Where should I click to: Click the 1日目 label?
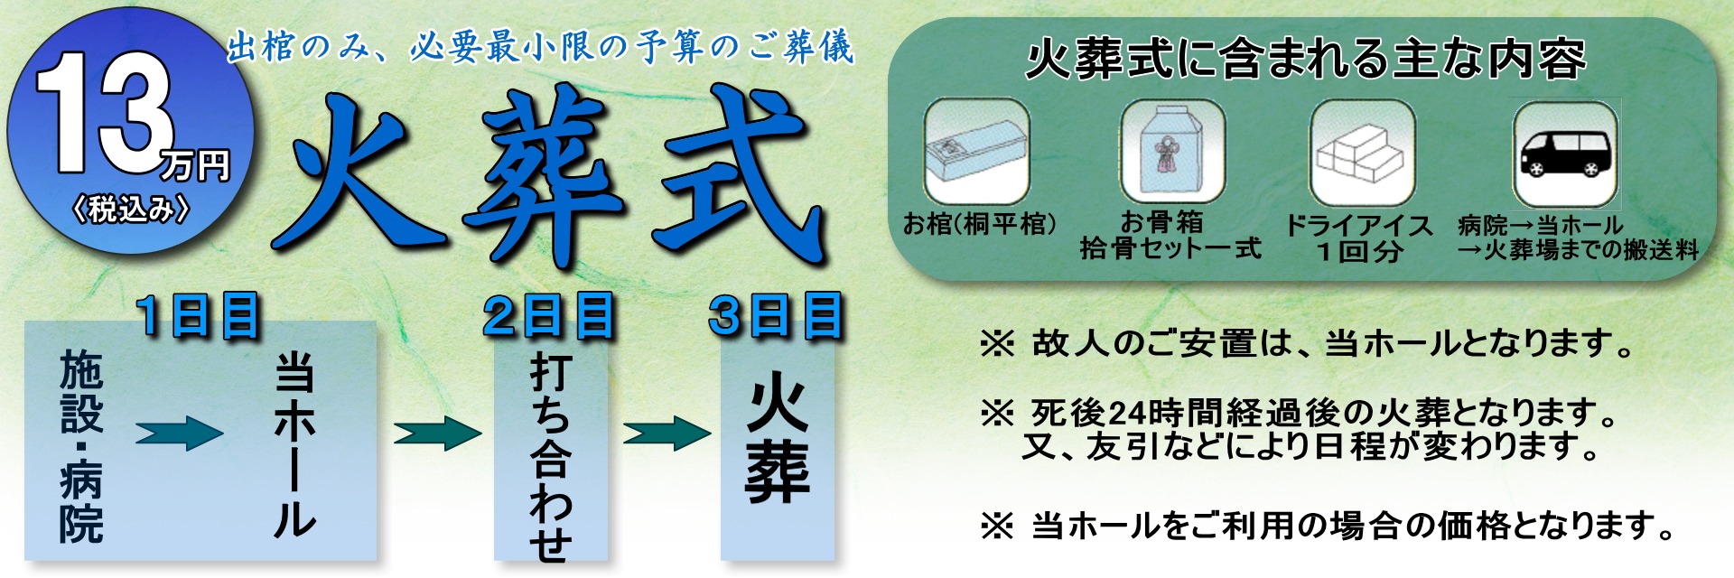click(x=199, y=316)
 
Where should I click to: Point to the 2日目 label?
click(x=548, y=316)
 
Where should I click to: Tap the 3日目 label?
click(x=777, y=316)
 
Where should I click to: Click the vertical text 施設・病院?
click(x=81, y=448)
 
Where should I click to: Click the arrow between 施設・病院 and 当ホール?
click(x=179, y=433)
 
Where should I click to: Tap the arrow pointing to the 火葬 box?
click(x=667, y=433)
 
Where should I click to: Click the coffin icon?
click(x=976, y=152)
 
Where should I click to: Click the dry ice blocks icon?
click(x=1362, y=153)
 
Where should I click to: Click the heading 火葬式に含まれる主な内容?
click(x=1306, y=59)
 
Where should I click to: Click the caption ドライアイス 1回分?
click(x=1359, y=238)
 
